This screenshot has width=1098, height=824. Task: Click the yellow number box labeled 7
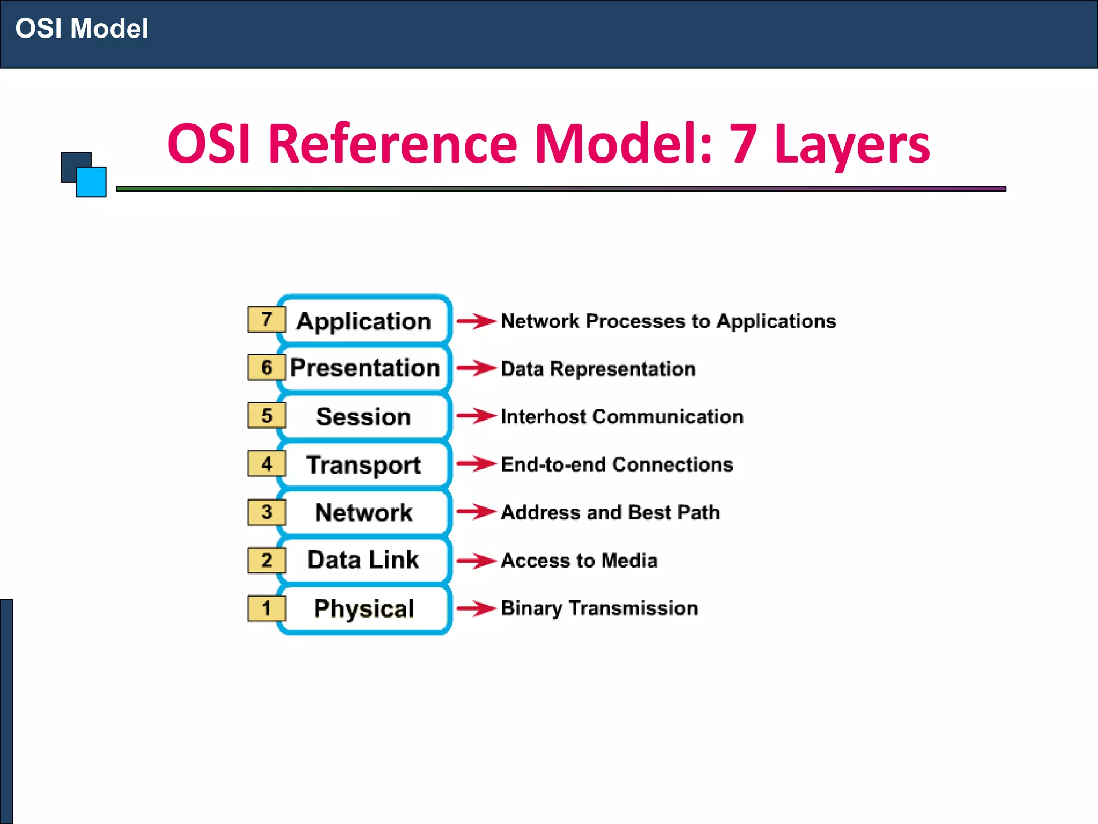[x=266, y=319]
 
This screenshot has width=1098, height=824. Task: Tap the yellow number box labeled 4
[x=266, y=464]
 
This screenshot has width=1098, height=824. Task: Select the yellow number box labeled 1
[x=266, y=608]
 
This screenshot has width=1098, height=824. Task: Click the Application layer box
[x=364, y=321]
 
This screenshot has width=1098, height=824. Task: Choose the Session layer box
[x=364, y=417]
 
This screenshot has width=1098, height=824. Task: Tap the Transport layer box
[x=364, y=465]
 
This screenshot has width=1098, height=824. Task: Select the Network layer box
[x=364, y=512]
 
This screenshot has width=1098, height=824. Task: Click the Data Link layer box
[x=364, y=560]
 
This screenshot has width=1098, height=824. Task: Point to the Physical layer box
[x=364, y=608]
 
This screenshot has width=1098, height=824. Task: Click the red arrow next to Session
[x=476, y=416]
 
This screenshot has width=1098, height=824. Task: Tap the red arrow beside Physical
[x=476, y=608]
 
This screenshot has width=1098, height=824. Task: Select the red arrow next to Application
[x=476, y=321]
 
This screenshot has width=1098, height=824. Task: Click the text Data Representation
[x=598, y=369]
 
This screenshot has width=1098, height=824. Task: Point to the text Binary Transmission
[x=599, y=608]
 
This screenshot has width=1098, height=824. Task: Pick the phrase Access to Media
[x=579, y=560]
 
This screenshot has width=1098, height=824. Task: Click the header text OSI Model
[x=81, y=28]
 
